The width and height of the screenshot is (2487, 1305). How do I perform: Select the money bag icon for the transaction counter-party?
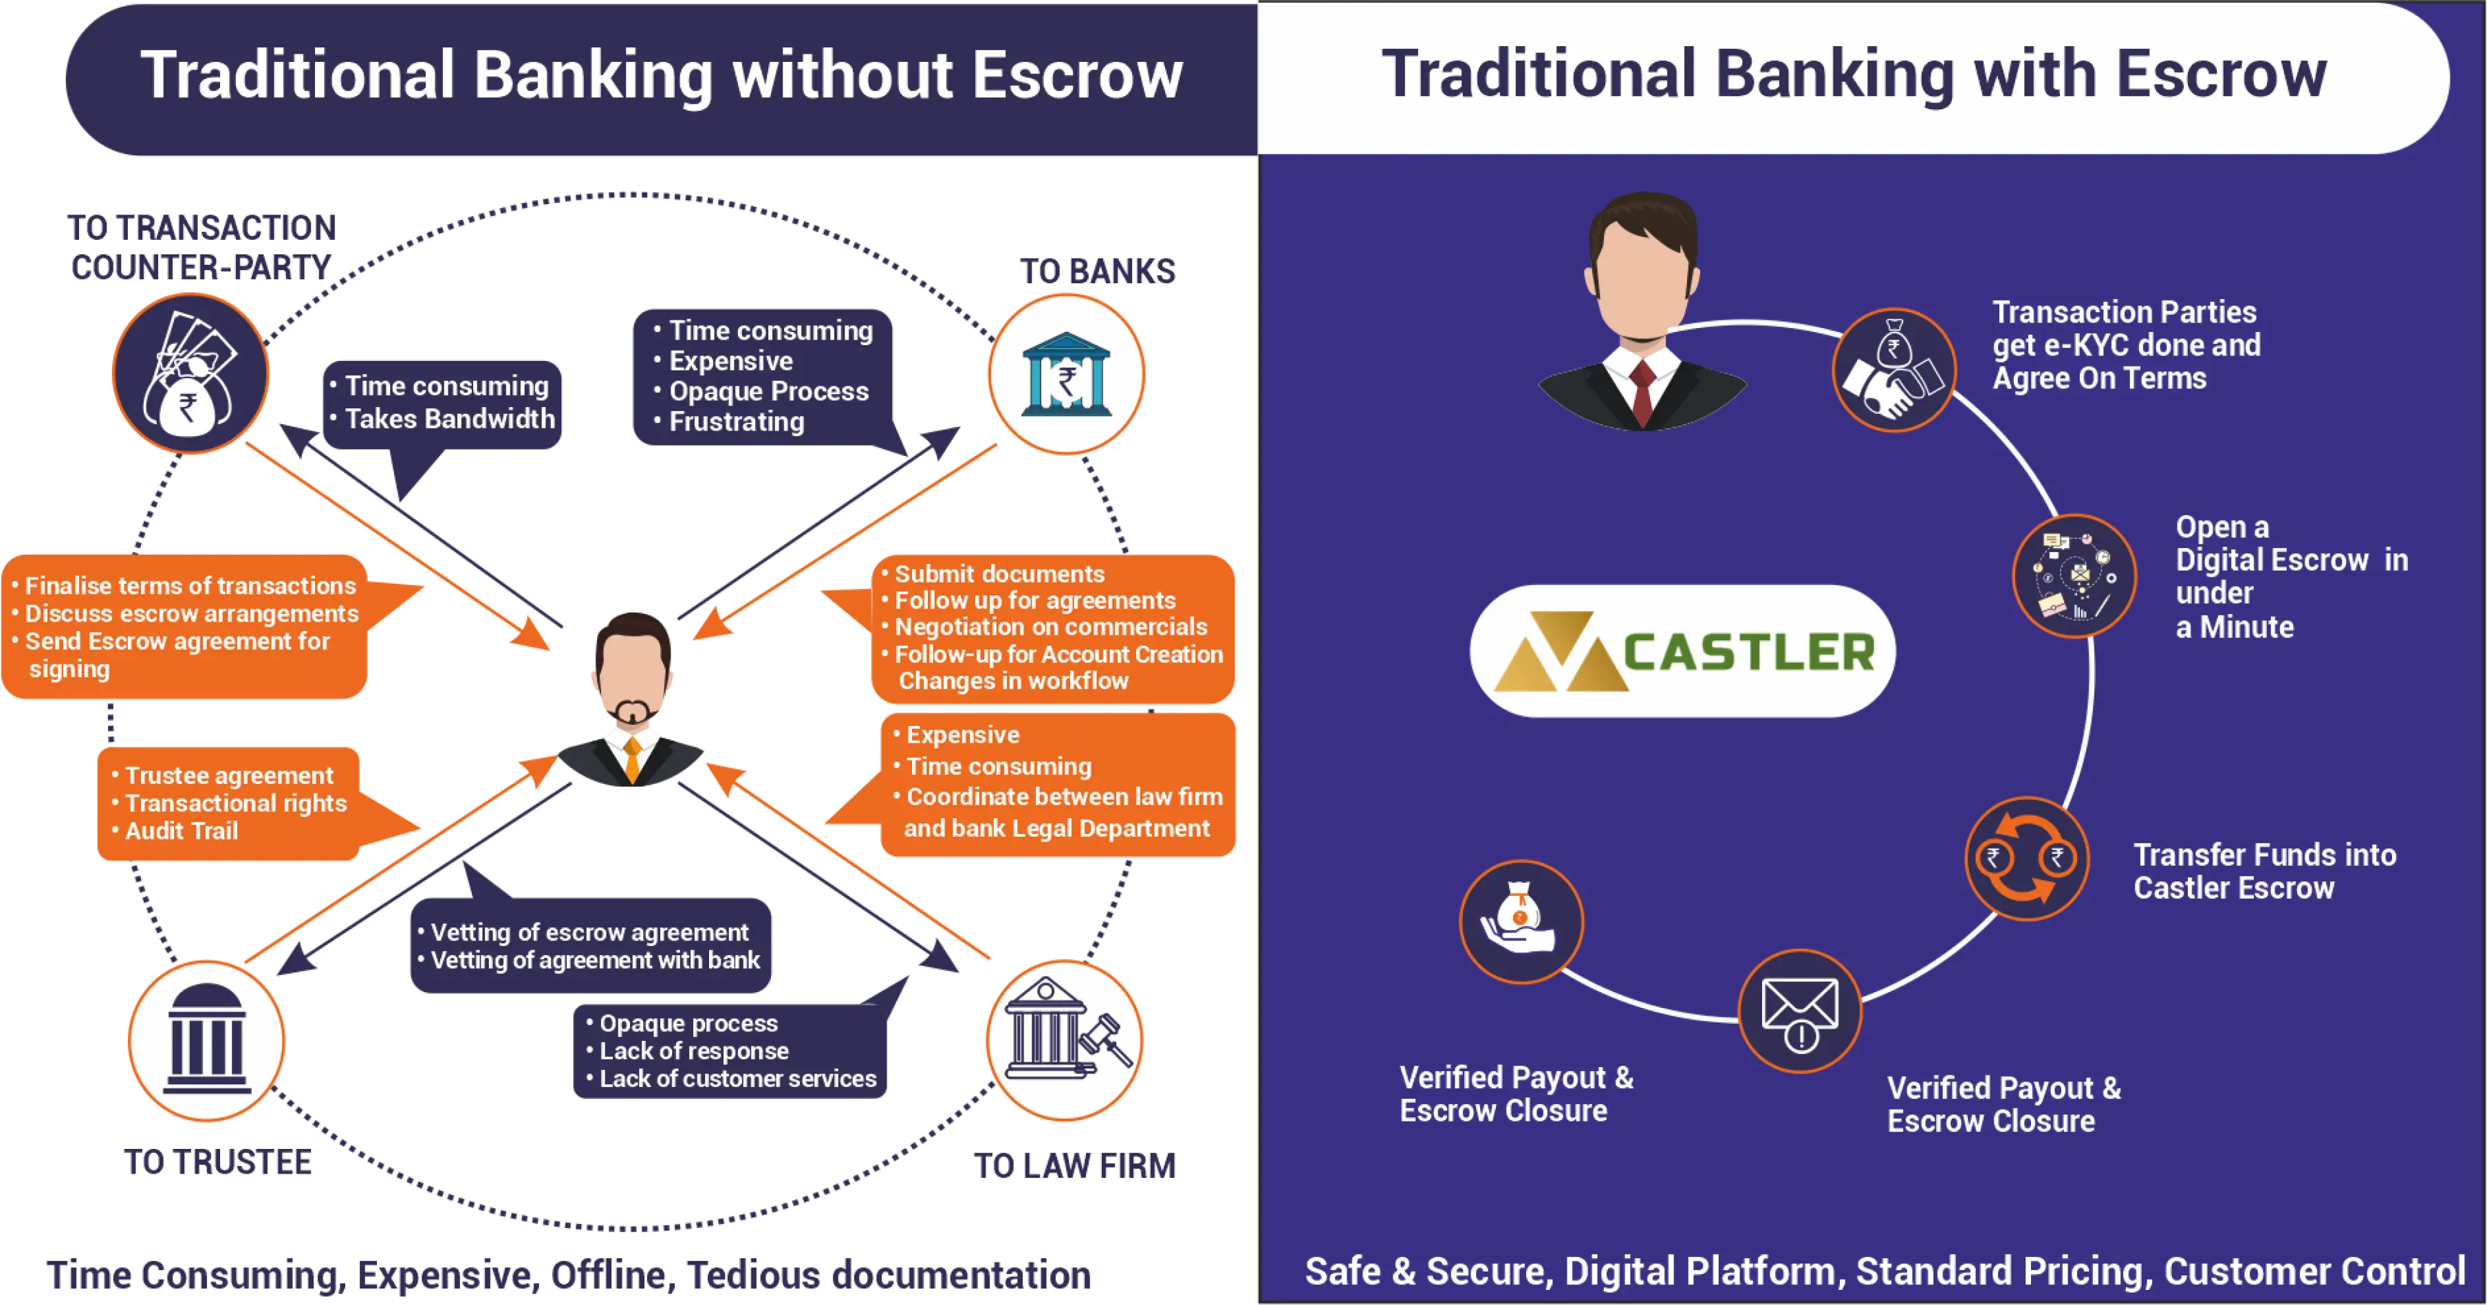(x=191, y=373)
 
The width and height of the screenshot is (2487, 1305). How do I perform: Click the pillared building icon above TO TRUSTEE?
(x=206, y=1039)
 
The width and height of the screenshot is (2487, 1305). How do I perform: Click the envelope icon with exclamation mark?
(x=1800, y=1011)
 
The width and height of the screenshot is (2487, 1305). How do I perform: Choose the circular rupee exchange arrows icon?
(x=2026, y=857)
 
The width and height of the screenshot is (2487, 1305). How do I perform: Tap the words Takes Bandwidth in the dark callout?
(x=450, y=419)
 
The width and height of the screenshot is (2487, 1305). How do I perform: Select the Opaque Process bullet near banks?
(x=768, y=391)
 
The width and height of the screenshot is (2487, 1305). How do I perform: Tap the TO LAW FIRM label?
(x=1074, y=1166)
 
